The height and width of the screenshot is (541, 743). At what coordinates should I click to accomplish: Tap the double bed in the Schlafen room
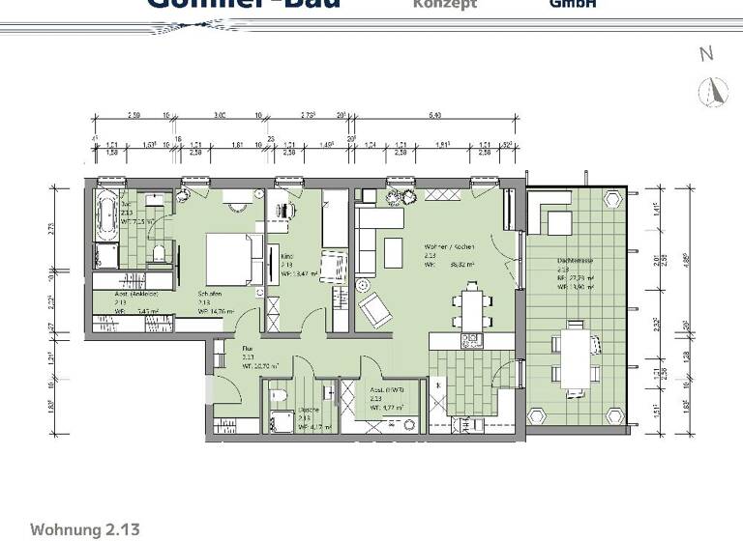point(230,259)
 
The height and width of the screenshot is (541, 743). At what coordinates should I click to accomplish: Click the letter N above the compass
point(706,54)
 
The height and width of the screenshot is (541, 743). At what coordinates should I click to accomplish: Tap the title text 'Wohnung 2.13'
point(86,529)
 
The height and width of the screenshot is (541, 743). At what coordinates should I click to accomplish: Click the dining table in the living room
point(471,307)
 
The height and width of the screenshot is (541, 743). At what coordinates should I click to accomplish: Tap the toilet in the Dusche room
point(278,392)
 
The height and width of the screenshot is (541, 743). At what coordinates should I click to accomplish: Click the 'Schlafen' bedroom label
point(211,295)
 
